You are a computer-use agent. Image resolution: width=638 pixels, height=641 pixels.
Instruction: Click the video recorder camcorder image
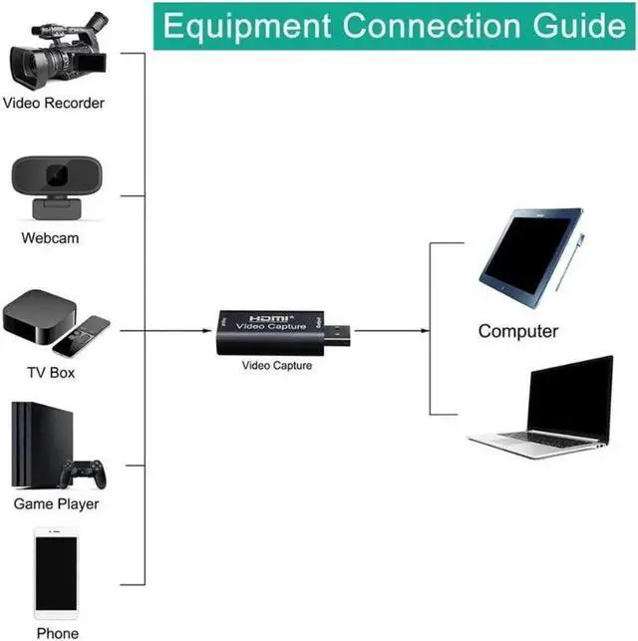coord(55,50)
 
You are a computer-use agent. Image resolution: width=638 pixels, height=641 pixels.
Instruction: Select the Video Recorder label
coord(53,103)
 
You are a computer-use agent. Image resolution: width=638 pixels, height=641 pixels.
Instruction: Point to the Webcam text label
coord(50,238)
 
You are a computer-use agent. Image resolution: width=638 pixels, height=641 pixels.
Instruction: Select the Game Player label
coord(56,503)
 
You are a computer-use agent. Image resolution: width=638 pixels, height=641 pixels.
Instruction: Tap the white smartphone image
coord(56,572)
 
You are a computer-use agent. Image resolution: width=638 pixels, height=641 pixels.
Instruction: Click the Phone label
coord(57,632)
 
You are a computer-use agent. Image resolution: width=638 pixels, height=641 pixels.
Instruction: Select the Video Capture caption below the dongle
coord(277,366)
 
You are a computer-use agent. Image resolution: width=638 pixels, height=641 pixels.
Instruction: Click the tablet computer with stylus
coord(529,257)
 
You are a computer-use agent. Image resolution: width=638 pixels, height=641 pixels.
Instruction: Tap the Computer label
coord(518,331)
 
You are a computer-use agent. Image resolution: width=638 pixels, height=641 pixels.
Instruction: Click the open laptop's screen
coord(570,399)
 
